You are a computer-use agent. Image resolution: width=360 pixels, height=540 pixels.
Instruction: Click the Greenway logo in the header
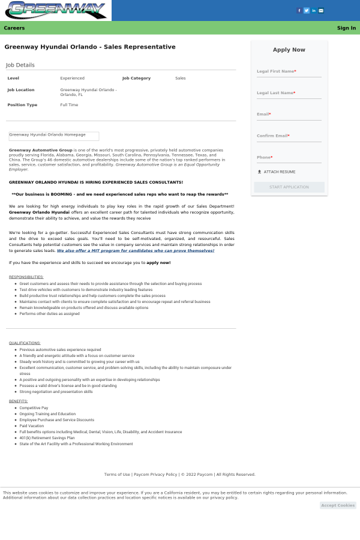pos(56,10)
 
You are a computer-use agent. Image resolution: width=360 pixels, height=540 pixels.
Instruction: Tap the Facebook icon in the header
pos(300,10)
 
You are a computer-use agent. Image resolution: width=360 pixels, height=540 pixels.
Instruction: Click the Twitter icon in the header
pos(307,10)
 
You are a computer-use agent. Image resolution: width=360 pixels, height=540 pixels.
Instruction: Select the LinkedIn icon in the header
pos(314,10)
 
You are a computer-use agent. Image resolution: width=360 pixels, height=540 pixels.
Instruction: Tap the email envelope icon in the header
pos(321,10)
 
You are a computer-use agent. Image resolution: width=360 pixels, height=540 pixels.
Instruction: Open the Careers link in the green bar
pos(14,28)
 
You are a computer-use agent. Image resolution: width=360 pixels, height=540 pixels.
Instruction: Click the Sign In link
pos(346,28)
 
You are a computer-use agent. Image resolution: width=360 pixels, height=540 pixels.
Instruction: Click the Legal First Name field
pos(289,72)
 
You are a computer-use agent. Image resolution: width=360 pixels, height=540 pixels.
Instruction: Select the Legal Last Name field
pos(289,94)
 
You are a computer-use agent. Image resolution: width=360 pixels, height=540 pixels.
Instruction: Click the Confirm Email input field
pos(289,136)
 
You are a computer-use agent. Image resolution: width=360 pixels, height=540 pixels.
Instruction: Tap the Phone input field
pos(289,158)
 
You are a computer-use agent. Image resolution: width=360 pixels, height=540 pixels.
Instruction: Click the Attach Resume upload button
pos(277,172)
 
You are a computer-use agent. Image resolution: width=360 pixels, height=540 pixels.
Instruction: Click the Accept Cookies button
pos(338,505)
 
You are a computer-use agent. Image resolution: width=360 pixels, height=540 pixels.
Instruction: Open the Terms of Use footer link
pos(117,475)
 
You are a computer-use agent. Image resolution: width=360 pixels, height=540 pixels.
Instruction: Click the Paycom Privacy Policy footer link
pos(155,475)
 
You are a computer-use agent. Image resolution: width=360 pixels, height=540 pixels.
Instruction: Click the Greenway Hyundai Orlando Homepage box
pos(53,136)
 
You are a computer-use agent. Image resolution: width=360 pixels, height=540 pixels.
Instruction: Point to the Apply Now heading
pos(289,50)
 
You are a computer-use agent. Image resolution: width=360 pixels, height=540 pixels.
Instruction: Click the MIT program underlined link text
pos(136,251)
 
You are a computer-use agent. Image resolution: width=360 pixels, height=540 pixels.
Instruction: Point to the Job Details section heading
pos(20,65)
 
